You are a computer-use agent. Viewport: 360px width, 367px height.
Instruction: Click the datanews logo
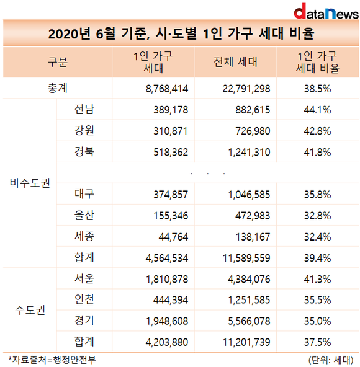coord(326,11)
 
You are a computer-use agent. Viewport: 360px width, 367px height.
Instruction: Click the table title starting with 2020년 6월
coord(181,33)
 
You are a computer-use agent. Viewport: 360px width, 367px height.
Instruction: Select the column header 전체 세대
coord(235,62)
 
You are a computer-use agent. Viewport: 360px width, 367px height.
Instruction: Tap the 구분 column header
coord(58,62)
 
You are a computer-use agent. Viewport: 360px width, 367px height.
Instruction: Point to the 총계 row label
coord(58,88)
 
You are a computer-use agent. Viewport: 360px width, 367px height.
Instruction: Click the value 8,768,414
coord(167,89)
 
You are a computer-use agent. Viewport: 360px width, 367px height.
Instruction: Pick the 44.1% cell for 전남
coord(318,110)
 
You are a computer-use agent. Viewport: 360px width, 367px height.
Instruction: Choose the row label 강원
coord(84,130)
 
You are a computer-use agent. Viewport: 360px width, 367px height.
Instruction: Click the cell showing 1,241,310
coord(249,153)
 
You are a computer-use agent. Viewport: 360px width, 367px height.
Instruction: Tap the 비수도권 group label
coord(30,183)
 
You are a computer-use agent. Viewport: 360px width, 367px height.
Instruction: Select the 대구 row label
coord(84,194)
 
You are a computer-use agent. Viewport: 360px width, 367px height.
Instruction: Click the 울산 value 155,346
coord(171,216)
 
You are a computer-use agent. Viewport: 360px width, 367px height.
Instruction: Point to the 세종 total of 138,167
coord(253,237)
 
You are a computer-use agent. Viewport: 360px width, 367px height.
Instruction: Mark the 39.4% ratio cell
coord(318,258)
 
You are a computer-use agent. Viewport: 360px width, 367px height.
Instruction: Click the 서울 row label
coord(84,278)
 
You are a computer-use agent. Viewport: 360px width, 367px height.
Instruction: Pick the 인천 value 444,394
coord(171,300)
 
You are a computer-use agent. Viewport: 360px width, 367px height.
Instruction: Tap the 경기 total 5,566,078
coord(249,321)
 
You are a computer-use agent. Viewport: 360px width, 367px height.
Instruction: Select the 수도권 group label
coord(30,310)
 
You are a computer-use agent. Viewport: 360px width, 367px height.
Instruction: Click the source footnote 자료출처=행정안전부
coord(52,360)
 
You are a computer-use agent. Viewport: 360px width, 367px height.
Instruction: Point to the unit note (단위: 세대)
coord(331,360)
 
